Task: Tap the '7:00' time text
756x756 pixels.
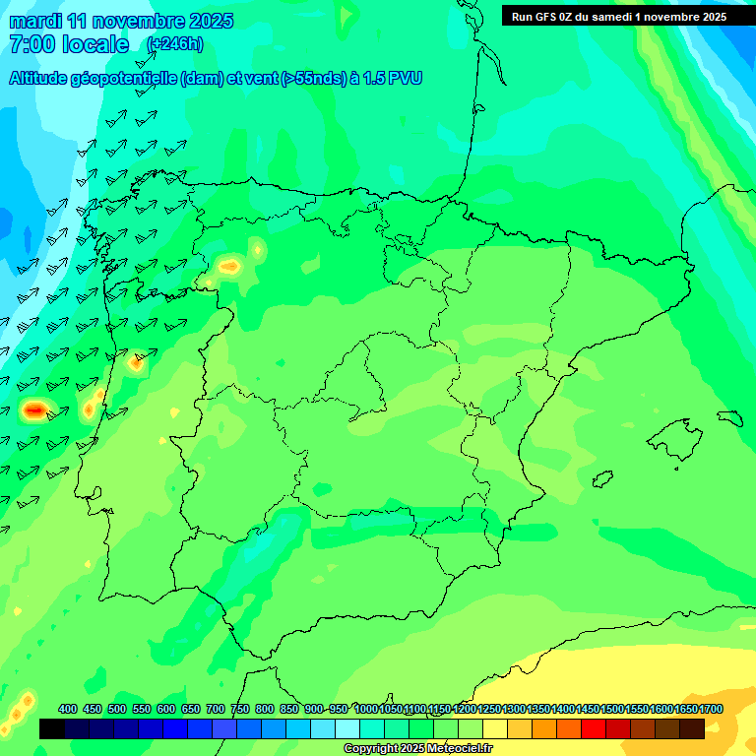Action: pos(30,44)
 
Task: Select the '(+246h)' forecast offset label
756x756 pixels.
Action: pos(174,44)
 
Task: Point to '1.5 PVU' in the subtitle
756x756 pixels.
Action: pos(392,79)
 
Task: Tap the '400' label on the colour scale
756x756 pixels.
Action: pos(68,709)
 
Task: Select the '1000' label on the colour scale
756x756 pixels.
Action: pos(366,709)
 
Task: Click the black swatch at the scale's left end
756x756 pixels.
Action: pos(52,728)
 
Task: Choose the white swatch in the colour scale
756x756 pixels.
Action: pos(347,728)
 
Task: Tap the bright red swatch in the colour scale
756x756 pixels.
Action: pos(594,728)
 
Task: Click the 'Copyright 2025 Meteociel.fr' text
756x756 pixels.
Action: pos(417,748)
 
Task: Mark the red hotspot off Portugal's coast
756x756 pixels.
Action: pos(34,409)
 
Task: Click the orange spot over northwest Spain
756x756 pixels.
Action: pos(230,266)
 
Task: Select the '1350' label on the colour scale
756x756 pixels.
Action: pos(538,709)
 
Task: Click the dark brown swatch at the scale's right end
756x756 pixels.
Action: pos(692,728)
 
